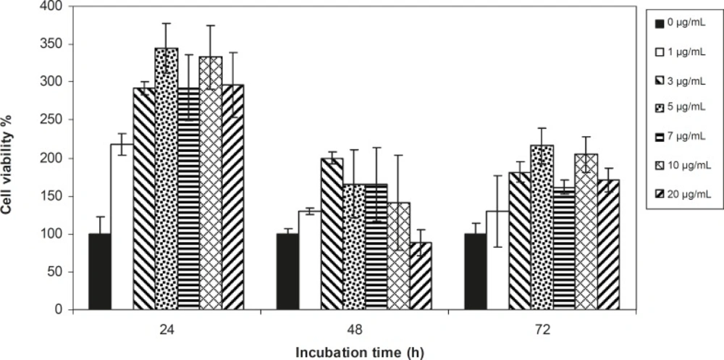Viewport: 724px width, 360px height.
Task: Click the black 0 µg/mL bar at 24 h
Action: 99,272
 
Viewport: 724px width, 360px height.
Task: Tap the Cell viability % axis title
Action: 10,158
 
